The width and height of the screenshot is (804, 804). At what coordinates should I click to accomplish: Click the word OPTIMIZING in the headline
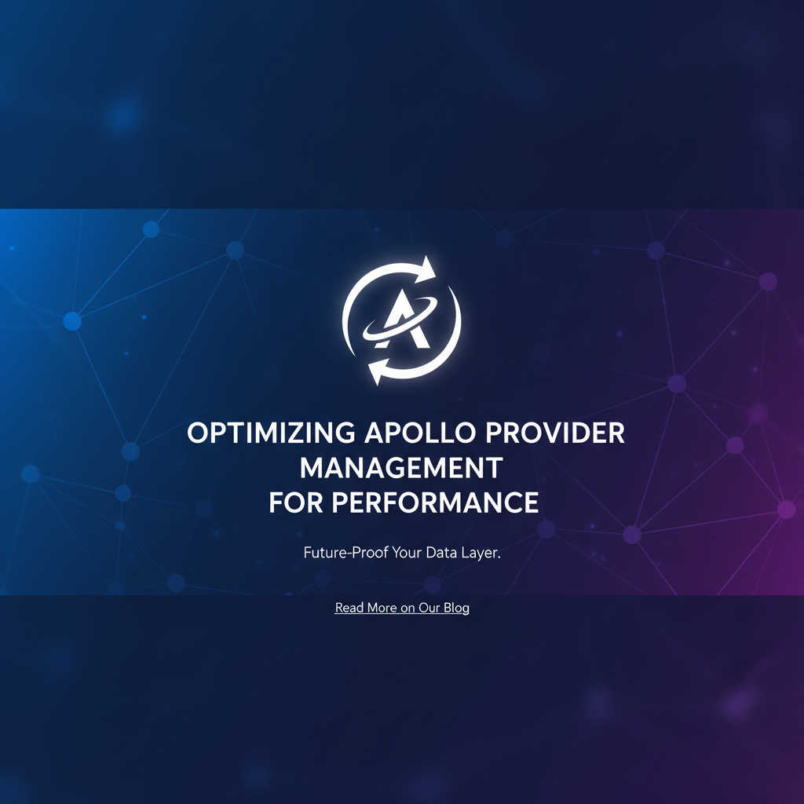[x=271, y=433]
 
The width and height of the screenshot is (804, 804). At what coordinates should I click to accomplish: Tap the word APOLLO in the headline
[x=419, y=433]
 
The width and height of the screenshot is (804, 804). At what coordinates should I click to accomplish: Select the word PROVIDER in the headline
[x=555, y=433]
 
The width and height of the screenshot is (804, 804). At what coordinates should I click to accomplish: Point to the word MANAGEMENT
[x=401, y=468]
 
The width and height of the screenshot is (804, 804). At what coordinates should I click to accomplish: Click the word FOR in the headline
[x=296, y=502]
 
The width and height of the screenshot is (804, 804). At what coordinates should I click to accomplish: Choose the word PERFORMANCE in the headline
[x=435, y=502]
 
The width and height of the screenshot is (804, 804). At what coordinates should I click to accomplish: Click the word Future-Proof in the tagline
[x=345, y=553]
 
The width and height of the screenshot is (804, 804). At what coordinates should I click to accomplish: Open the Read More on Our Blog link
[x=402, y=608]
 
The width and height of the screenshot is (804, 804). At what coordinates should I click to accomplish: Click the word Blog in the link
[x=456, y=608]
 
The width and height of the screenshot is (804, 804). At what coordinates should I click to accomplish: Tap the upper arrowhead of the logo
[x=426, y=269]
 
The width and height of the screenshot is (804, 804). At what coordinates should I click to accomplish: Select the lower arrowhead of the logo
[x=378, y=371]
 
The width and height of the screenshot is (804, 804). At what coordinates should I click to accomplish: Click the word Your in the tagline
[x=407, y=553]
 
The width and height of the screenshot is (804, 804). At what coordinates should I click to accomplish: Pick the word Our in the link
[x=429, y=608]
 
